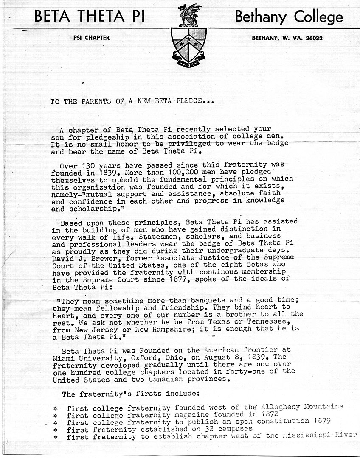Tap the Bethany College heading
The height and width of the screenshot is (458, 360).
pos(289,17)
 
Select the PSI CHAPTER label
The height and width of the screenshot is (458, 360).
pos(91,38)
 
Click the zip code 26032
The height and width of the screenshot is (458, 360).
pos(313,38)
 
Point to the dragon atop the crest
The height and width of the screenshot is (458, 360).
pos(189,14)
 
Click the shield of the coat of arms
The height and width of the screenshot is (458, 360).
pos(189,43)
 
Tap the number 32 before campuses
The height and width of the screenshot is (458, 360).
pos(199,430)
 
